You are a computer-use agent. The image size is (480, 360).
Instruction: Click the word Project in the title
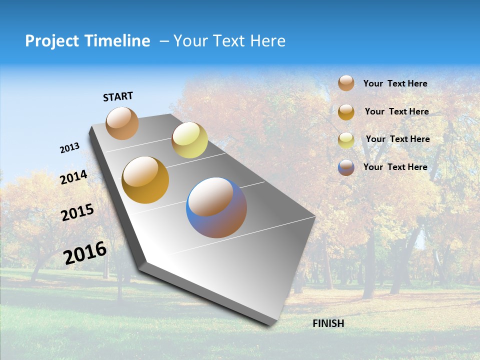pyautogui.click(x=52, y=41)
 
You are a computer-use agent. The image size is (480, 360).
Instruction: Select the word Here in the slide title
pyautogui.click(x=267, y=41)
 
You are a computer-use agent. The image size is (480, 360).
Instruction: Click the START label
pyautogui.click(x=118, y=96)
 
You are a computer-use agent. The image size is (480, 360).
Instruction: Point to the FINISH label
pyautogui.click(x=328, y=323)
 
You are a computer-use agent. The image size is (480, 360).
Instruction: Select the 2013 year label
pyautogui.click(x=70, y=148)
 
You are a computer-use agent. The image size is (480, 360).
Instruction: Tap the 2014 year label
pyautogui.click(x=74, y=177)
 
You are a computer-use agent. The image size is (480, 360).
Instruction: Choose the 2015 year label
pyautogui.click(x=77, y=213)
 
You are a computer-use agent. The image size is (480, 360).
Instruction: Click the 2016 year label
pyautogui.click(x=85, y=253)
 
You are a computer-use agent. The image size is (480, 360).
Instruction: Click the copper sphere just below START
pyautogui.click(x=122, y=123)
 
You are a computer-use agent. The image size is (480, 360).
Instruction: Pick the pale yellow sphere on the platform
pyautogui.click(x=189, y=140)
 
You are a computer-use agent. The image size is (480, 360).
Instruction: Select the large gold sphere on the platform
pyautogui.click(x=145, y=180)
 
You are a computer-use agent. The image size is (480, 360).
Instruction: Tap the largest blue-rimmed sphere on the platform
pyautogui.click(x=216, y=207)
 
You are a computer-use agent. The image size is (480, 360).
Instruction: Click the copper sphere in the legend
pyautogui.click(x=346, y=83)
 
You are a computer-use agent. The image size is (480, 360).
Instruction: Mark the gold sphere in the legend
pyautogui.click(x=346, y=112)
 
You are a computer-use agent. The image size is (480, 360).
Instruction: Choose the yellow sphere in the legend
pyautogui.click(x=346, y=140)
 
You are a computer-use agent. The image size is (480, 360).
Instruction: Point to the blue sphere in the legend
pyautogui.click(x=346, y=167)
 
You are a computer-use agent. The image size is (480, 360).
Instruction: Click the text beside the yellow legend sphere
pyautogui.click(x=397, y=139)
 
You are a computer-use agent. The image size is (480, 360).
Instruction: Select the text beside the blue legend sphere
pyautogui.click(x=395, y=167)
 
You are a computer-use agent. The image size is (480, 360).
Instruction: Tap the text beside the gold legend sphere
pyautogui.click(x=396, y=111)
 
